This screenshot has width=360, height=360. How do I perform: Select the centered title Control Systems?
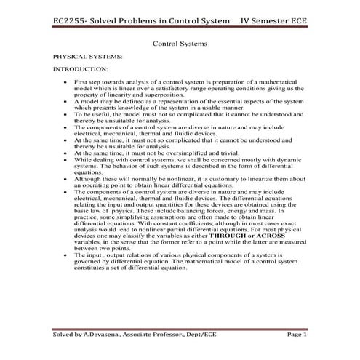pos(180,43)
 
